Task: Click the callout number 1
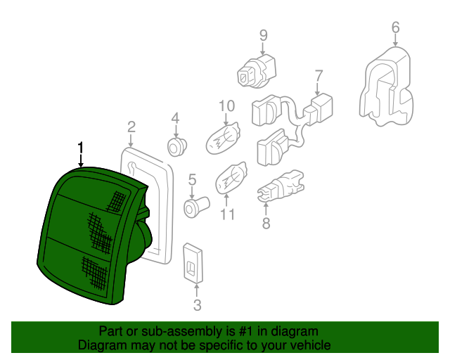pos(81,147)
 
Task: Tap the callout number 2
pos(131,127)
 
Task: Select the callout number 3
pos(197,305)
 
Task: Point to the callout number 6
pos(395,27)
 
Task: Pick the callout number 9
pos(263,36)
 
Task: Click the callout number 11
pos(227,214)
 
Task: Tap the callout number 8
pos(266,224)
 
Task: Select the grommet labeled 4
pos(176,146)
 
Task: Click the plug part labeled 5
pos(196,206)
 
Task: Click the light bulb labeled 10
pos(223,139)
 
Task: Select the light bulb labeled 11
pos(231,177)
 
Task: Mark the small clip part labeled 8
pos(281,186)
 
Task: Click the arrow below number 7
pos(317,89)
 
